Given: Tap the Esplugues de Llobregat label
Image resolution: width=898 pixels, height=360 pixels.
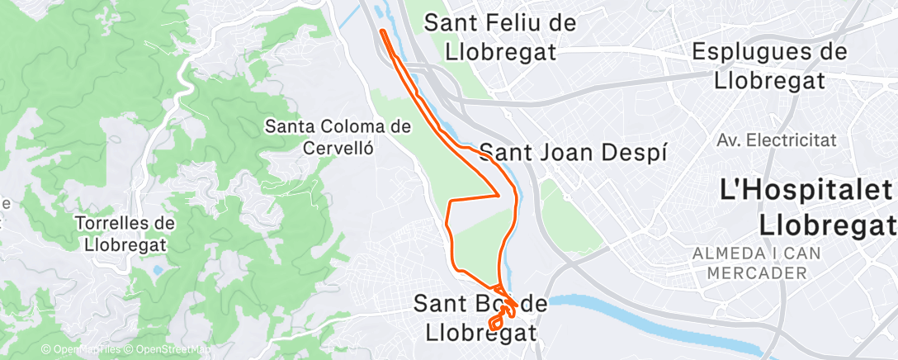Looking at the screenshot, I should click(769, 66).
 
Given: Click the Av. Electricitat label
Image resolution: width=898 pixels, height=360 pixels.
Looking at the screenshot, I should click(777, 140).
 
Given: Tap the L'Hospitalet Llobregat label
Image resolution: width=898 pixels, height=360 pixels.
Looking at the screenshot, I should click(807, 207).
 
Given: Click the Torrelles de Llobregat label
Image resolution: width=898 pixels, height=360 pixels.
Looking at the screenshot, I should click(125, 234).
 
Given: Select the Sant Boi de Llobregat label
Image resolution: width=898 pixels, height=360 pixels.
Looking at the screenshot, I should click(480, 318).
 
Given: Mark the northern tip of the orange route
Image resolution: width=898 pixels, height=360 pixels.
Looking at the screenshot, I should click(382, 31).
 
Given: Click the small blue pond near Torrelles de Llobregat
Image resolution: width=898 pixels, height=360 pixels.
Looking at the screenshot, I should click(156, 269).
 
